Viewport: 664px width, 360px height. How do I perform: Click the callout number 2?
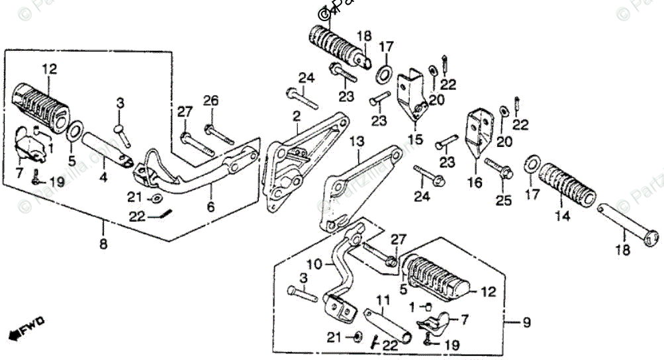point(297,116)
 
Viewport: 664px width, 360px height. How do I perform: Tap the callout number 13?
point(357,142)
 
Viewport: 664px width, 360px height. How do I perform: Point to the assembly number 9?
point(527,323)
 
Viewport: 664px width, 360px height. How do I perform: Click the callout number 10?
point(314,263)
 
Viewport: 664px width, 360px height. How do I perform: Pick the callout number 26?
point(211,101)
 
